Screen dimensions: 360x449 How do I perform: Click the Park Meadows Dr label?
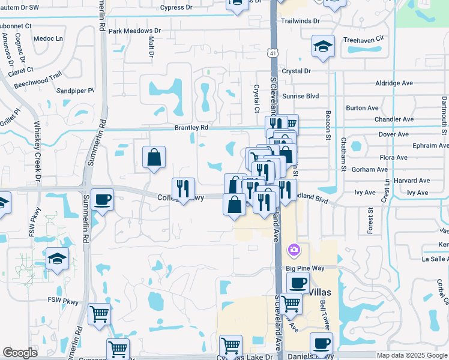pos(134,31)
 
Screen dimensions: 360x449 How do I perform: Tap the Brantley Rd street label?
pos(191,127)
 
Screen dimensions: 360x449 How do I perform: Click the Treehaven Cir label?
pos(363,38)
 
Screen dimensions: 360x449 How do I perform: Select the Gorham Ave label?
pos(361,170)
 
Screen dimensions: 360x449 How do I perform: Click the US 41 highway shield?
pos(273,53)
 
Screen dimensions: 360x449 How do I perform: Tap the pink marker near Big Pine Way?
pos(294,248)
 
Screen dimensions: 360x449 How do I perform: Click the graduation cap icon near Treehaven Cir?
pos(323,47)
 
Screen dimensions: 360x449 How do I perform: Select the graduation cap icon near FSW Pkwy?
pos(58,259)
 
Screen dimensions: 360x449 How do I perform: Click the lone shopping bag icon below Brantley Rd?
pos(154,157)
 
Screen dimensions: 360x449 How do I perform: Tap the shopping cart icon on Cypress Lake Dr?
pos(231,346)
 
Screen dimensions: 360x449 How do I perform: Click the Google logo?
pos(20,353)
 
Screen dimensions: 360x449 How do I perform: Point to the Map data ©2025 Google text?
pos(412,355)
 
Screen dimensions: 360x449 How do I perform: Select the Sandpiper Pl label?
pos(75,91)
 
